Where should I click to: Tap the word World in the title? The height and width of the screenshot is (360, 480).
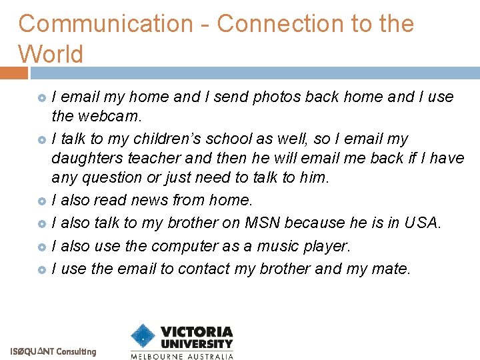[51, 54]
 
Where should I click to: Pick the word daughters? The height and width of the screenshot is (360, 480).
[85, 158]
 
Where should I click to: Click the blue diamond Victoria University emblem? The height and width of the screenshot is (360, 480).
[143, 337]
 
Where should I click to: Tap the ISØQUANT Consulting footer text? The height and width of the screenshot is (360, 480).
[53, 351]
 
